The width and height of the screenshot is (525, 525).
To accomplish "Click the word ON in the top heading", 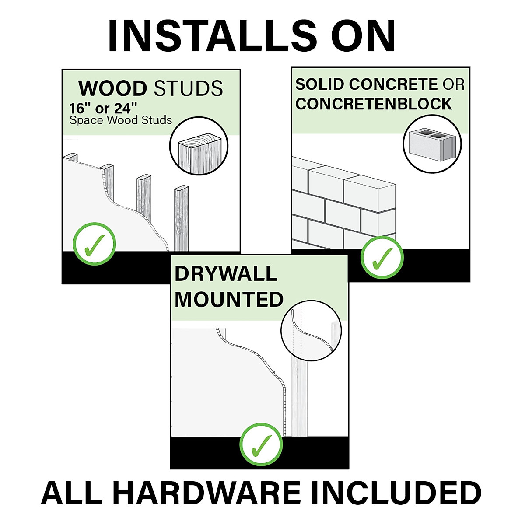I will click(363, 36).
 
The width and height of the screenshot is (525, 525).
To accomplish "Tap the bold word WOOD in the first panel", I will click(112, 89).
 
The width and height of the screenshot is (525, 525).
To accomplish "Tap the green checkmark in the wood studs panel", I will click(94, 245).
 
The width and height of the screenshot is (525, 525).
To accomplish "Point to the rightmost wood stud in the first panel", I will click(181, 219).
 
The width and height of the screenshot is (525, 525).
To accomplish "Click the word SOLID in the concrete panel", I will click(320, 84).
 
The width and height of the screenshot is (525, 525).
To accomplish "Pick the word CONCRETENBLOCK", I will click(374, 104).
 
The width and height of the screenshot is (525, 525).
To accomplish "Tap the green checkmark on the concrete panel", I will click(382, 258).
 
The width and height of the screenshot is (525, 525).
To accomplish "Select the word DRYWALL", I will click(226, 274).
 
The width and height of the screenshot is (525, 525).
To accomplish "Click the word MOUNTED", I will click(229, 300).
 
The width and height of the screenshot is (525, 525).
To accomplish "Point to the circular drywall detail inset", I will click(311, 330).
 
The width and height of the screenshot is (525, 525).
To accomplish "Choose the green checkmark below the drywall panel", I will click(261, 445).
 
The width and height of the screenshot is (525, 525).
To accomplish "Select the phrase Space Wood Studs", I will click(121, 120).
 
